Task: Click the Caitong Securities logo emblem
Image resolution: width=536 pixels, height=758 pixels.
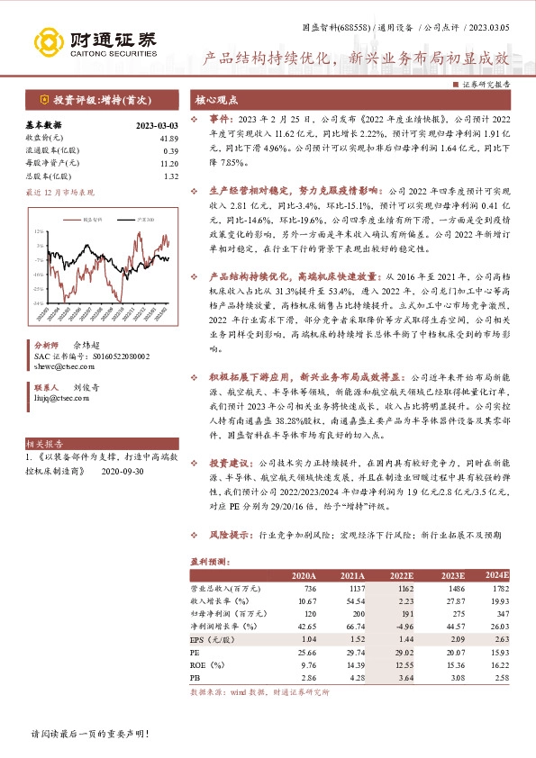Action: click(44, 40)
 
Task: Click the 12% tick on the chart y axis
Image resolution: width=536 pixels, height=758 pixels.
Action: click(39, 231)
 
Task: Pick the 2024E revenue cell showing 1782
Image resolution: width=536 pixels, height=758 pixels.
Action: click(497, 587)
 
